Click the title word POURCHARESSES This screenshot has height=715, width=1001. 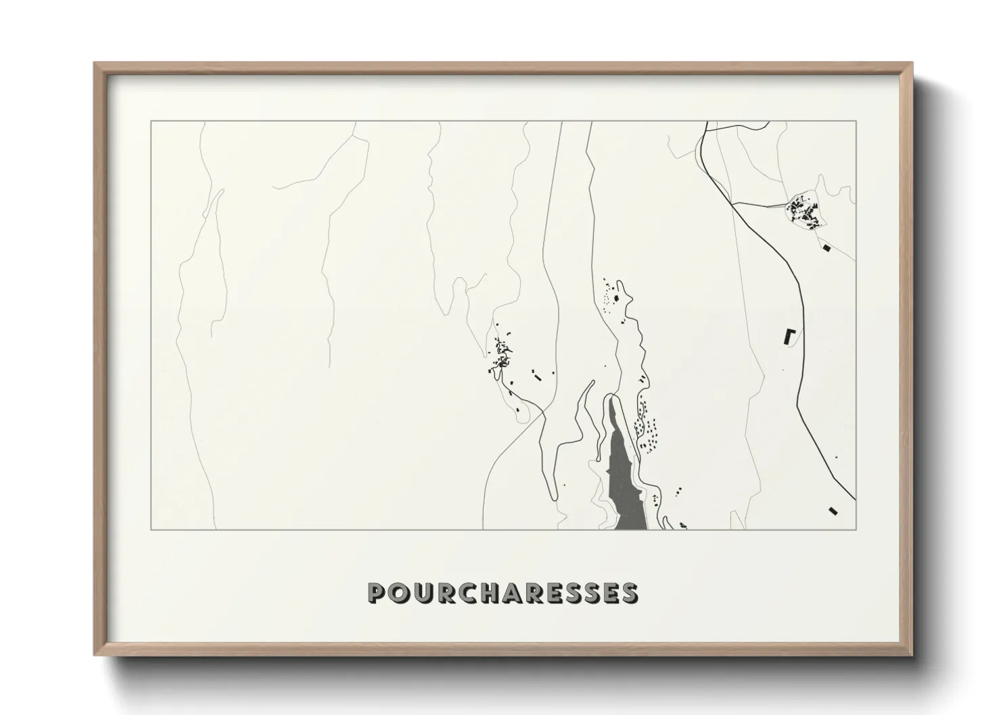(503, 593)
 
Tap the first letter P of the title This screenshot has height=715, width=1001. (377, 593)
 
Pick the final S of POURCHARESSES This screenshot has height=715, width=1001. (629, 593)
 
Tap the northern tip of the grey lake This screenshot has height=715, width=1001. (612, 398)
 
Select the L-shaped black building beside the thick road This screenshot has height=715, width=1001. (788, 336)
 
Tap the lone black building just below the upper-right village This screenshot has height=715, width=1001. (826, 249)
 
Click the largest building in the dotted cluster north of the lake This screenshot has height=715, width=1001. (616, 297)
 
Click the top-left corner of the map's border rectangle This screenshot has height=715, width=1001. (150, 122)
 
